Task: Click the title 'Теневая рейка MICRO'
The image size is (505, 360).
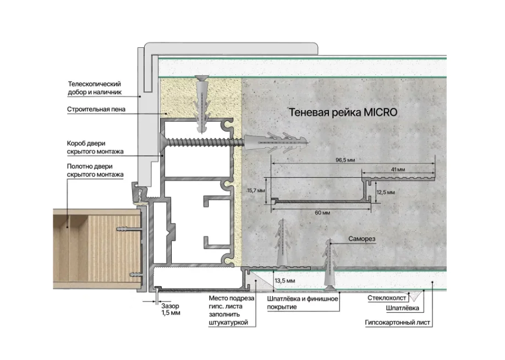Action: (343, 112)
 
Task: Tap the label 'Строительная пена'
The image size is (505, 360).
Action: (96, 109)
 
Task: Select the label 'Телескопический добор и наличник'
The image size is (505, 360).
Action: (95, 88)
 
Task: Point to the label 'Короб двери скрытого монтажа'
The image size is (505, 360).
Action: (95, 148)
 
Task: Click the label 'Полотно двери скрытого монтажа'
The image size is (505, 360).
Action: (95, 171)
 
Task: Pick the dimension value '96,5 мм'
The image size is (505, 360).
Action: (345, 160)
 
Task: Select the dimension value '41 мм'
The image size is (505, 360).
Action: (398, 170)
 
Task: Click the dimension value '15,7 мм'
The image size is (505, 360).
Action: (256, 190)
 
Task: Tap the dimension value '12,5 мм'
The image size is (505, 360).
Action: (386, 193)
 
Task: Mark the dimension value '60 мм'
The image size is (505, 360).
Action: (322, 212)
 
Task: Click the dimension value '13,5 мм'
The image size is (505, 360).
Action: (285, 281)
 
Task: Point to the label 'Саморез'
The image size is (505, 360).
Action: (361, 239)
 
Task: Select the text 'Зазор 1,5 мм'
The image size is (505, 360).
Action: (171, 309)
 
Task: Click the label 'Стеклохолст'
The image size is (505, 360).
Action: (387, 298)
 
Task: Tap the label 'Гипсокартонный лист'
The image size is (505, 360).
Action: (397, 323)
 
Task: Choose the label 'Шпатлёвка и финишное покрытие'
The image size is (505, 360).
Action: (303, 303)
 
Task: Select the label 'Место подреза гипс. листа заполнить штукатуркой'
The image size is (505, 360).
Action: (231, 310)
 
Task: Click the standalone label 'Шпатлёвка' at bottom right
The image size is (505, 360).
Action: (402, 308)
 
